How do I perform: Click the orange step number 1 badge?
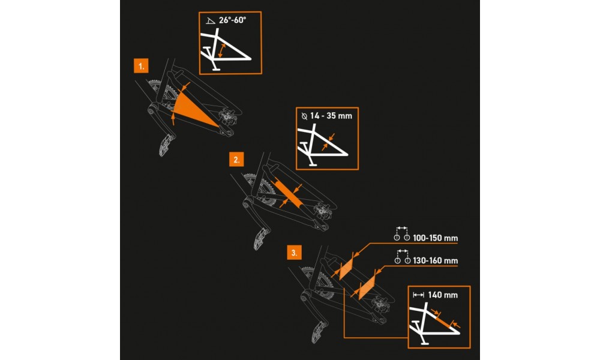click(141, 66)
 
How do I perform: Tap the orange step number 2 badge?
click(236, 160)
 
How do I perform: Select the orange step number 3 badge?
click(294, 253)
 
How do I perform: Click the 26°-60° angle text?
click(232, 20)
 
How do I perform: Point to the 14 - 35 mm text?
click(331, 116)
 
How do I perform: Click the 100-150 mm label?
click(436, 238)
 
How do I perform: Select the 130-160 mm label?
click(436, 260)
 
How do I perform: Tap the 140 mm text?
click(443, 295)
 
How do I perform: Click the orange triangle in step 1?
click(193, 109)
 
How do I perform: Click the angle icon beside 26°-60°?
click(211, 21)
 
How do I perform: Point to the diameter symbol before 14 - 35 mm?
click(305, 116)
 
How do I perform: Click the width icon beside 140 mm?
click(419, 295)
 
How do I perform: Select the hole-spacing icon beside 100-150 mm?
click(402, 234)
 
